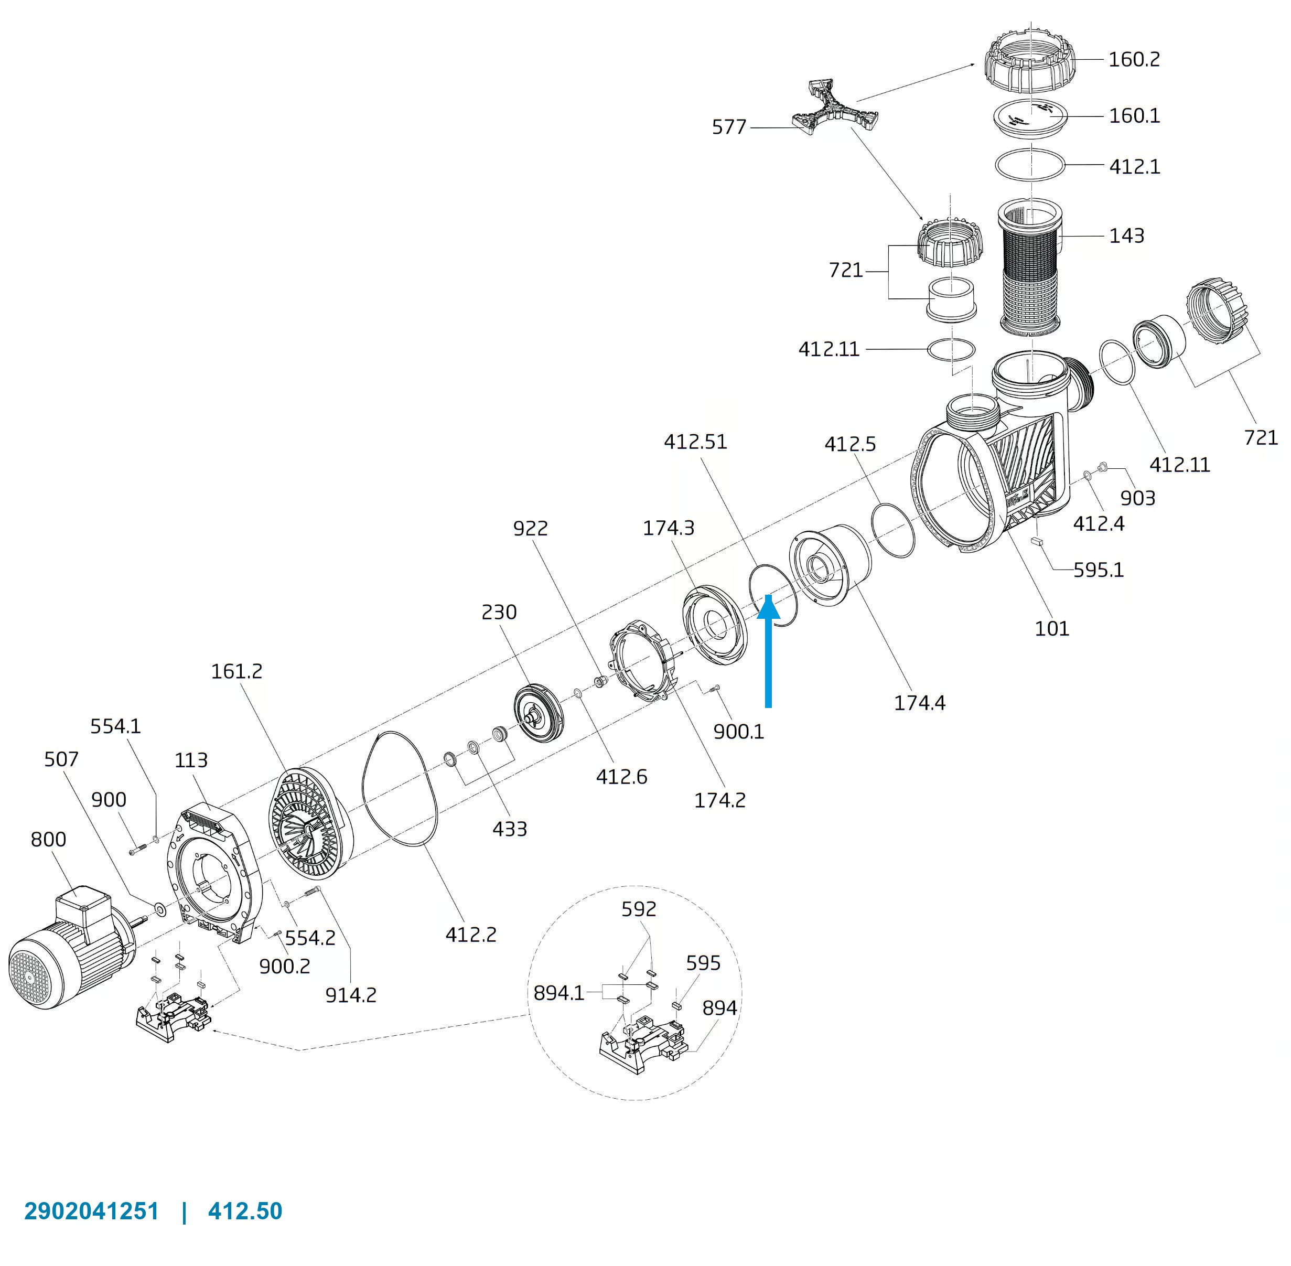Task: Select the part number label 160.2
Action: (x=1134, y=60)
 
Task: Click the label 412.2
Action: (x=471, y=935)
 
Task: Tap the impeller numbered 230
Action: (x=539, y=713)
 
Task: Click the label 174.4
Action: (x=919, y=703)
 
